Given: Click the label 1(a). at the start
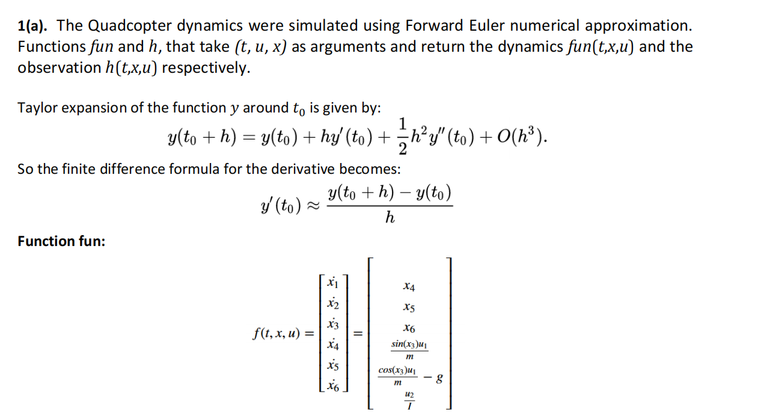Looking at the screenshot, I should click(34, 26).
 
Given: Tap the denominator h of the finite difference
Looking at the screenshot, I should click(390, 218).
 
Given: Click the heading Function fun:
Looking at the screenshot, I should click(61, 241).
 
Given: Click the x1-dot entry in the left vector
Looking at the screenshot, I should click(332, 283).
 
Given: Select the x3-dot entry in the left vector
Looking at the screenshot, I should click(332, 324).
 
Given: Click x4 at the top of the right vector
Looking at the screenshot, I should click(409, 287).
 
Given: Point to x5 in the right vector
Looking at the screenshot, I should click(409, 308).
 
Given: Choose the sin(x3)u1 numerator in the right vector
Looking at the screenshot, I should click(409, 344).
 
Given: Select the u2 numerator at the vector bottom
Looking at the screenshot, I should click(409, 394).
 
